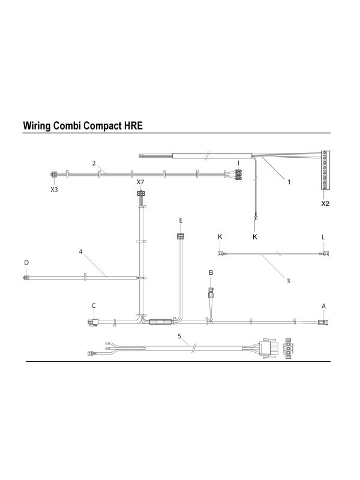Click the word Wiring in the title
(37, 126)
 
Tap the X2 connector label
(325, 203)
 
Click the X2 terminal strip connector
(325, 170)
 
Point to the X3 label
(54, 190)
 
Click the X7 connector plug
(140, 193)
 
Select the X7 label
(140, 182)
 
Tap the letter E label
(181, 220)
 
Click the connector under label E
(181, 236)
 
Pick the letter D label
(26, 262)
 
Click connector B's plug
(211, 293)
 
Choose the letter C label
(94, 305)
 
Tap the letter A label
(323, 306)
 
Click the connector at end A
(323, 322)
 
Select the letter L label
(323, 237)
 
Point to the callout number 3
(288, 281)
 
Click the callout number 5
(179, 336)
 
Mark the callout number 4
(81, 251)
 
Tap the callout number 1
(289, 182)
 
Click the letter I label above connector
(238, 163)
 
